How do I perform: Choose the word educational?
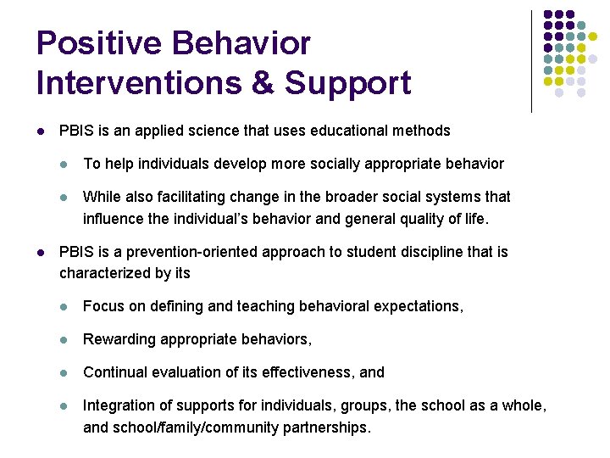coord(353,131)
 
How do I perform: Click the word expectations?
coord(419,306)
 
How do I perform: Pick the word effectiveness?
coord(308,371)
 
